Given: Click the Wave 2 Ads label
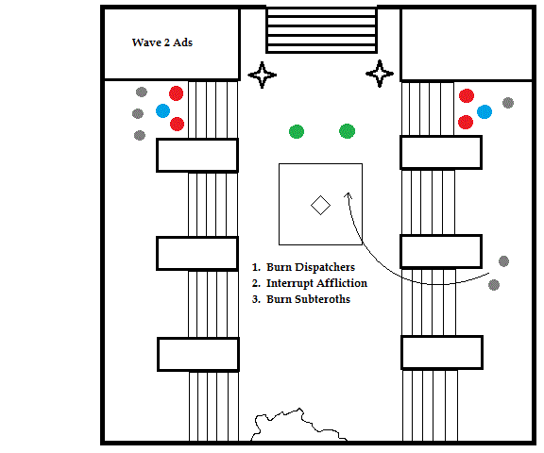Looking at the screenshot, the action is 162,42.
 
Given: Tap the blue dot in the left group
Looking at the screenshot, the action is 162,111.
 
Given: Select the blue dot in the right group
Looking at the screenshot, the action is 484,112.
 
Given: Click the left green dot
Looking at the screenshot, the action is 297,132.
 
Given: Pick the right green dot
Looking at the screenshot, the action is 347,131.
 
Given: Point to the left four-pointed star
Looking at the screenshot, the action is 263,75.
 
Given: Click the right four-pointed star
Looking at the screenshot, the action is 380,74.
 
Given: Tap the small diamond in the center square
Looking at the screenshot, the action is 320,205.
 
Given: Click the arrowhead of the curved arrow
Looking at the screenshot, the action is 348,195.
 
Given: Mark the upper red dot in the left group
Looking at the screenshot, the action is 177,93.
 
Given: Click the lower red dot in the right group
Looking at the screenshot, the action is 466,122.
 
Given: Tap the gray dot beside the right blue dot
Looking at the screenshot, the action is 508,103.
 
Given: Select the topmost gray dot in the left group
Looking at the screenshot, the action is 142,92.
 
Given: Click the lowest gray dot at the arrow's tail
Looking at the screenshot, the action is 494,285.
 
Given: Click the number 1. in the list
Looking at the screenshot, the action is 256,267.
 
